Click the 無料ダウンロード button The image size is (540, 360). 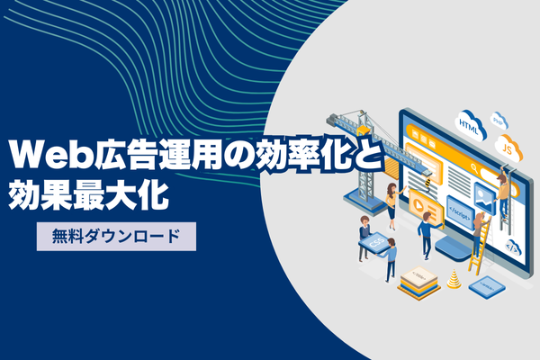click(116, 237)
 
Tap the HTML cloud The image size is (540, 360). click(470, 125)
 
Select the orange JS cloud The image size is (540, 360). click(508, 148)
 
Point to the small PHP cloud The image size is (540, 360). click(499, 121)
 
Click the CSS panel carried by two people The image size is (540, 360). click(376, 243)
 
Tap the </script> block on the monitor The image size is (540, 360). click(461, 212)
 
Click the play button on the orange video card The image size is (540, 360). click(418, 205)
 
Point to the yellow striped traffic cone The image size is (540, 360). click(454, 279)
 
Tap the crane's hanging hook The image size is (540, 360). click(428, 183)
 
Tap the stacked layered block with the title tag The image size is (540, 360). click(418, 283)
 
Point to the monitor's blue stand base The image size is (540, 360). click(454, 248)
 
